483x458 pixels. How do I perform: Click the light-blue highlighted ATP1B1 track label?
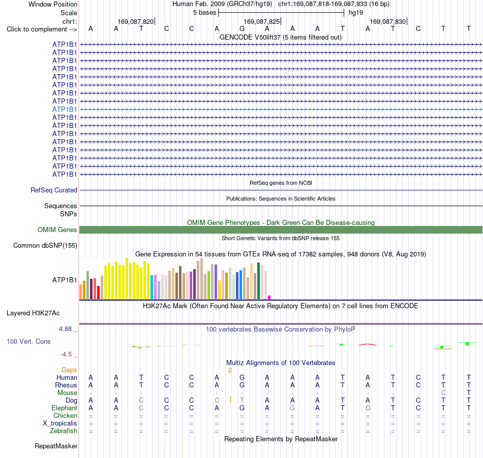pos(65,109)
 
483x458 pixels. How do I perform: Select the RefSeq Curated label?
pos(54,190)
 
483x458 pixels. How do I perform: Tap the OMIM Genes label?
pos(57,230)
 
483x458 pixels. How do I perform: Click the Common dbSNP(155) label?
pos(45,245)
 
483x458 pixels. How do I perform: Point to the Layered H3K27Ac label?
pos(33,313)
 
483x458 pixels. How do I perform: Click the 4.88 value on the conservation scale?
pos(65,329)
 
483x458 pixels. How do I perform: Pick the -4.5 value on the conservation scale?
pos(66,354)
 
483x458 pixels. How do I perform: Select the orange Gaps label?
pos(69,370)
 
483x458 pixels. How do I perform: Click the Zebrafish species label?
pos(64,431)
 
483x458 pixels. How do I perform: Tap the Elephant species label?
pos(65,408)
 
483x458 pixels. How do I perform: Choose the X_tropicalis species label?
pos(60,423)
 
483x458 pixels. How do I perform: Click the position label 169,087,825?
pos(261,21)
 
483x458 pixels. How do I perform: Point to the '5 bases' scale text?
pos(204,13)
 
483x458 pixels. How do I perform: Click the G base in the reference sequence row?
pos(242,28)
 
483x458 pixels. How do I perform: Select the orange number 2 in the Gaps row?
pos(230,370)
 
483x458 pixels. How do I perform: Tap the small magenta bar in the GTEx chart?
pos(269,297)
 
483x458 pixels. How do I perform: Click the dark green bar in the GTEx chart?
pos(259,281)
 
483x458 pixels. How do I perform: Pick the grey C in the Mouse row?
pos(443,393)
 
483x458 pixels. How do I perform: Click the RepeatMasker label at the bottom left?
pos(56,446)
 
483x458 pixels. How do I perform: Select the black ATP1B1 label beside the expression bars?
pos(65,280)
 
